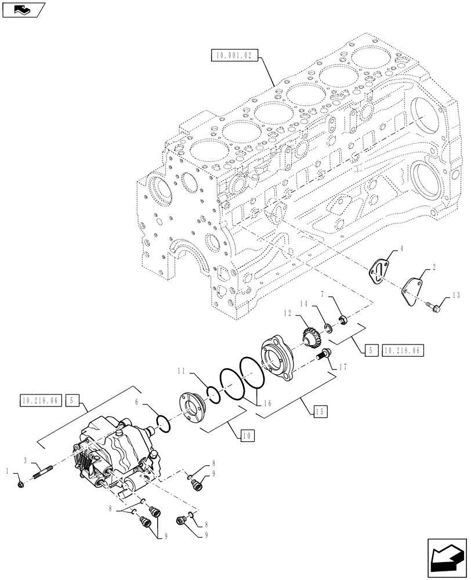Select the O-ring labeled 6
coord(163,424)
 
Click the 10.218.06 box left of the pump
coord(40,400)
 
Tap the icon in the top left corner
coord(22,9)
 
